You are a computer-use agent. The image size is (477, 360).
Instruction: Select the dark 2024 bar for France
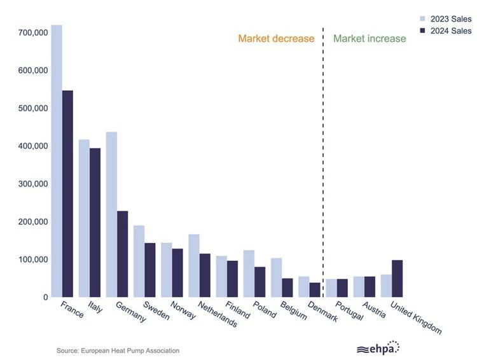67,193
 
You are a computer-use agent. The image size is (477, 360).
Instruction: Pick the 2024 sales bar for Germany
123,254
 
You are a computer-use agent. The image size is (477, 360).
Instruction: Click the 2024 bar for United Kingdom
397,279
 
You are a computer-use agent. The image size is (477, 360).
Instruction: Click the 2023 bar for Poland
249,273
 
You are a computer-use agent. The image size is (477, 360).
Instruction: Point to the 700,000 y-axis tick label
30,32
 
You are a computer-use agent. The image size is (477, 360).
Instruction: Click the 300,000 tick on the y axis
30,184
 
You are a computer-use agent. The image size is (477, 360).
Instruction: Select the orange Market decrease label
276,39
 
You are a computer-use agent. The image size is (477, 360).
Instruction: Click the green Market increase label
370,39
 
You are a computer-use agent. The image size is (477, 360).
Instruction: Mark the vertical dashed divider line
323,159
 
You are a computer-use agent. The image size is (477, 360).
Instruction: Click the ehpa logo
378,348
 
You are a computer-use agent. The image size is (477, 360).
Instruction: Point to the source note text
118,350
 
